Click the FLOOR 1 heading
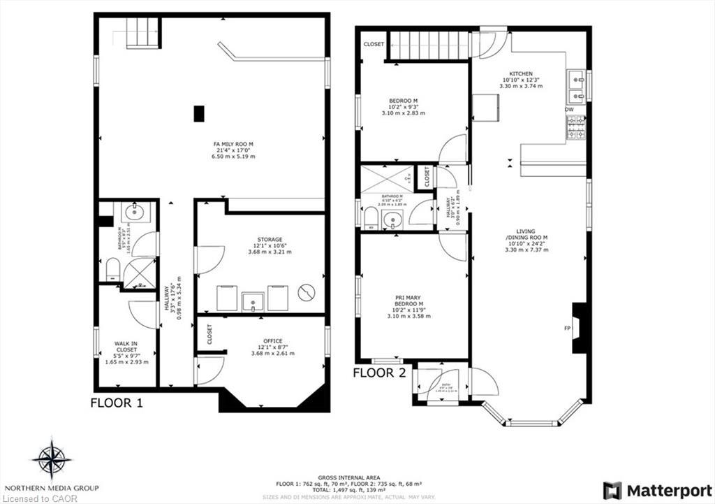[x=117, y=403]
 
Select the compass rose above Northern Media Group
[x=52, y=459]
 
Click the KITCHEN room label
[x=521, y=73]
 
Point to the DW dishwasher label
[x=570, y=110]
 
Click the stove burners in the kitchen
[x=575, y=127]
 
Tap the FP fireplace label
[x=567, y=327]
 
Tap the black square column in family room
[x=199, y=113]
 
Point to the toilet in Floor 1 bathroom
[x=112, y=268]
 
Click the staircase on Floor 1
[x=142, y=32]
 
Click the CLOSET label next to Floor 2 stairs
[x=374, y=44]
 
